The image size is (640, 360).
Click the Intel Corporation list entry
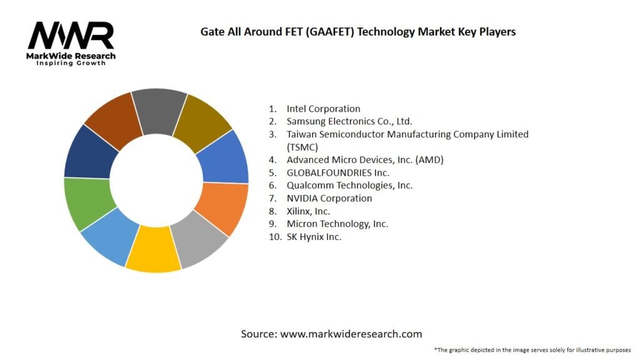click(323, 109)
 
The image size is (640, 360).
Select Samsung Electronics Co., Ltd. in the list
click(349, 121)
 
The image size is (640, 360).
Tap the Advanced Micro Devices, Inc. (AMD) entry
click(365, 160)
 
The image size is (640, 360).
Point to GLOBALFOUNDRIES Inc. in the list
click(337, 172)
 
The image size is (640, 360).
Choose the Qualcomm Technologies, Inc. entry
click(349, 186)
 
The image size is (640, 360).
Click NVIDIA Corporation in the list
click(329, 198)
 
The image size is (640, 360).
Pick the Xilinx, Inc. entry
click(308, 211)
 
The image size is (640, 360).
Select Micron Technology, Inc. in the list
click(337, 224)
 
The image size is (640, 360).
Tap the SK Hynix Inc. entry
click(314, 237)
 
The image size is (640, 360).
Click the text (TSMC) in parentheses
click(302, 147)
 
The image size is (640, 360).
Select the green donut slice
click(89, 203)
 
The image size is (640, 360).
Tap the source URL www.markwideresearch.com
click(351, 334)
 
